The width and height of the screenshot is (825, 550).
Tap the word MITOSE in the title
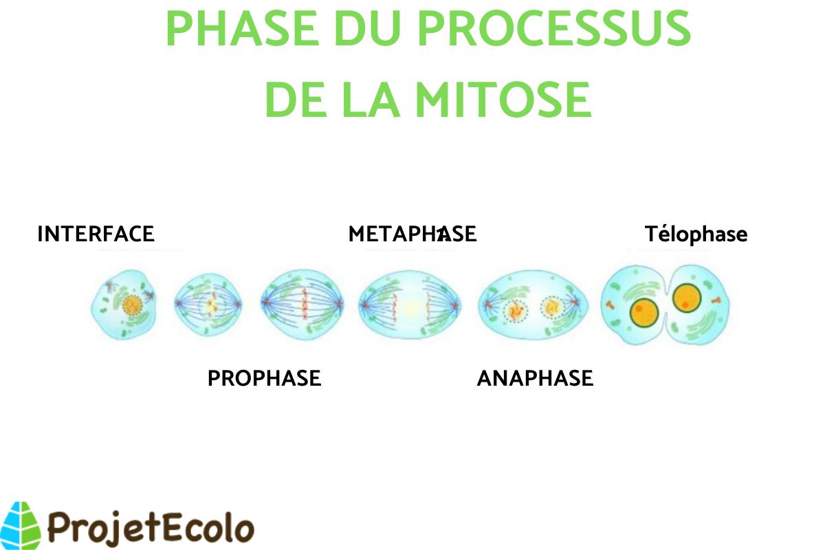(x=503, y=99)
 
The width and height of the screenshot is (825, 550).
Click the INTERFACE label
(x=96, y=234)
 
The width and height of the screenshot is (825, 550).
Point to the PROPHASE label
(x=264, y=378)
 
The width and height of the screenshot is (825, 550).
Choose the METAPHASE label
(x=412, y=234)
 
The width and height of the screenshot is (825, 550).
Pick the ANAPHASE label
(x=535, y=378)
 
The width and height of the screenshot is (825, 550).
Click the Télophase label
(x=696, y=234)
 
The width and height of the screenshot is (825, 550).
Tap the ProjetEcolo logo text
(x=151, y=528)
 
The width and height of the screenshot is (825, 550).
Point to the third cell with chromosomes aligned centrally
(x=302, y=303)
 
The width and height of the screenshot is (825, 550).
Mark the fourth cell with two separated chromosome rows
(x=410, y=305)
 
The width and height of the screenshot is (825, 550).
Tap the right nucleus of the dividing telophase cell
(x=687, y=298)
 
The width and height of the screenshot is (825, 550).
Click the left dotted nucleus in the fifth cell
(x=514, y=309)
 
